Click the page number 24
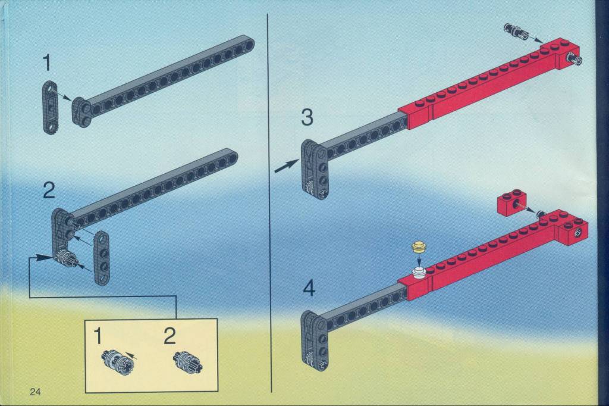click(35, 392)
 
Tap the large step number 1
click(46, 63)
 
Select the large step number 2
click(49, 191)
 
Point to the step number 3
click(307, 117)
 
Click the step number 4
click(309, 289)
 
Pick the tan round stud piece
click(419, 247)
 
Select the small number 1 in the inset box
click(98, 336)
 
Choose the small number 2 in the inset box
click(169, 336)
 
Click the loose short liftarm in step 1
click(50, 107)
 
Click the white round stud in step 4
click(419, 273)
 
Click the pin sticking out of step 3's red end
click(575, 60)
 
